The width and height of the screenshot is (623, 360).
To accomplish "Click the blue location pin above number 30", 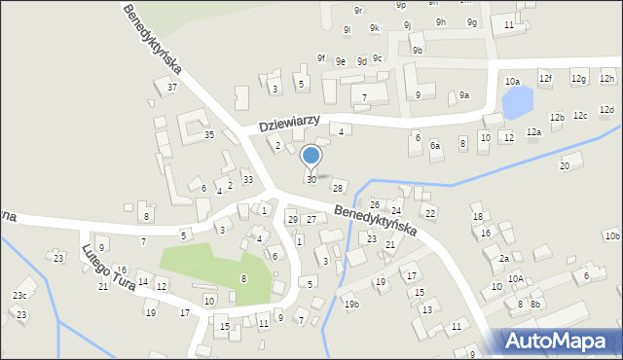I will pyautogui.click(x=311, y=156).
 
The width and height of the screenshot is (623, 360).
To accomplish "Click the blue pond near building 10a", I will pyautogui.click(x=517, y=100).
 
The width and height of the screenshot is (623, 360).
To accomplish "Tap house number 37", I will pyautogui.click(x=172, y=88).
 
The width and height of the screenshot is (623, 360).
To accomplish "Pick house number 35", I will pyautogui.click(x=208, y=135).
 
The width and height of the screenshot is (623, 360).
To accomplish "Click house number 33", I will pyautogui.click(x=248, y=179).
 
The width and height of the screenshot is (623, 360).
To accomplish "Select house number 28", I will pyautogui.click(x=338, y=187).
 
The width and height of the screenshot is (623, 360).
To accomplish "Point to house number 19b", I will pyautogui.click(x=351, y=305).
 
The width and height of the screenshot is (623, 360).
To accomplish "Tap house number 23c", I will pyautogui.click(x=19, y=295).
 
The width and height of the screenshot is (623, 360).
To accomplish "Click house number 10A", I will pyautogui.click(x=515, y=279).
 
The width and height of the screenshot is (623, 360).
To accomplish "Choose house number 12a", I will pyautogui.click(x=533, y=131).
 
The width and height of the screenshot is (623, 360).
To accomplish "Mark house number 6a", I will pyautogui.click(x=436, y=145).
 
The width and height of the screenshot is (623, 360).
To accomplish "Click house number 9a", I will pyautogui.click(x=464, y=95).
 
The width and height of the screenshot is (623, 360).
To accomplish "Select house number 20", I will pyautogui.click(x=564, y=166).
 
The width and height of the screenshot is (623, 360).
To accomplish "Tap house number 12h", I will pyautogui.click(x=607, y=78).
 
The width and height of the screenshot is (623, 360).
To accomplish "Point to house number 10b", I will pyautogui.click(x=611, y=235).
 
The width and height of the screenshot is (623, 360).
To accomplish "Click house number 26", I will pyautogui.click(x=374, y=204).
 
